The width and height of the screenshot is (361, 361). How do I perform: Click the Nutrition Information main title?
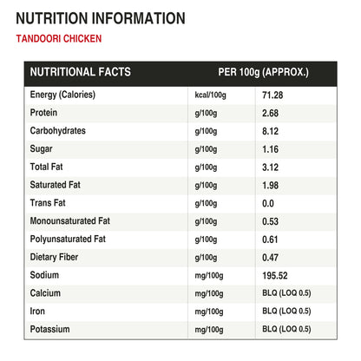(101, 18)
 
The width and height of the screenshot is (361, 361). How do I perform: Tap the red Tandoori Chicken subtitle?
(59, 38)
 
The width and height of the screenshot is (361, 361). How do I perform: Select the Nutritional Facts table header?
(81, 72)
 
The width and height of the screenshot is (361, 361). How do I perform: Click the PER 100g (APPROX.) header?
(263, 72)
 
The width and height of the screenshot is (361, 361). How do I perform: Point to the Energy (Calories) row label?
(62, 95)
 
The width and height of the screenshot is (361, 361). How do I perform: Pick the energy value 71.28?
(272, 95)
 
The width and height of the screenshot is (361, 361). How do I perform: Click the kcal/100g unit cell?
(210, 95)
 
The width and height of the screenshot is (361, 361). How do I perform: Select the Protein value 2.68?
(270, 113)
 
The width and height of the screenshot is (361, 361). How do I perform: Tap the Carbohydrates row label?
(58, 131)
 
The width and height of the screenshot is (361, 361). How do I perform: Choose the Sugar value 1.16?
(270, 149)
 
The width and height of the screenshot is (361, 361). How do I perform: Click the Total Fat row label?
(46, 167)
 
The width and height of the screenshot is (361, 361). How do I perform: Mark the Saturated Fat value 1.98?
(270, 186)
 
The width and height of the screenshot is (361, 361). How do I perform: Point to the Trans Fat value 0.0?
(268, 203)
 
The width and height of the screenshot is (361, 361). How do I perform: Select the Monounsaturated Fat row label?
(70, 221)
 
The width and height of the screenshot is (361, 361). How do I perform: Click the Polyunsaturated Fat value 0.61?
(270, 240)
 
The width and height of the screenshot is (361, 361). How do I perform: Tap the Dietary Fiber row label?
(54, 257)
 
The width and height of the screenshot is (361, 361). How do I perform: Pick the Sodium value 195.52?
(275, 276)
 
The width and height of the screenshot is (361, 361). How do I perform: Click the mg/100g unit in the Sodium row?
(209, 276)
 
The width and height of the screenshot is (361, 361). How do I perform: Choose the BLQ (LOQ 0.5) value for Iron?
(286, 312)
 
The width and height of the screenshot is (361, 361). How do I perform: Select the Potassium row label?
(49, 329)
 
